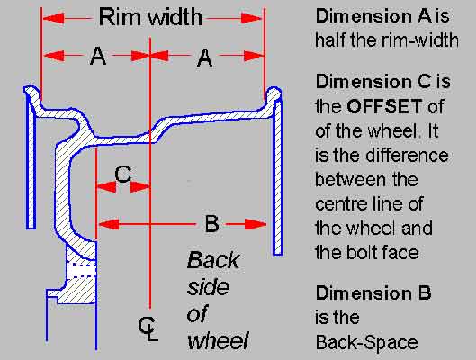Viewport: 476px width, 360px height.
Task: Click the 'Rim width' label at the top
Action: (x=150, y=17)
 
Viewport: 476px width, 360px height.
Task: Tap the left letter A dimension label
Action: (x=98, y=56)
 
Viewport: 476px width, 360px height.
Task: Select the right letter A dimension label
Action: (x=204, y=58)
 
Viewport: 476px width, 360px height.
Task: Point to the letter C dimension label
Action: (x=122, y=175)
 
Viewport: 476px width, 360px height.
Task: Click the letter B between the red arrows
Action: (x=211, y=224)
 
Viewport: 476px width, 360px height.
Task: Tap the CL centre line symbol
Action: (x=148, y=328)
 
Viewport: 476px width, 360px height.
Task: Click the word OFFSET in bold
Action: (x=384, y=106)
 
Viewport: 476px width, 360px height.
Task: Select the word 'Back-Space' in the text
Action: (x=366, y=343)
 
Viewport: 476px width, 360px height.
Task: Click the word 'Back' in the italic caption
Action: (x=213, y=260)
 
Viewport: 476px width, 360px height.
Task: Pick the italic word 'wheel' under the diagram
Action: (x=218, y=341)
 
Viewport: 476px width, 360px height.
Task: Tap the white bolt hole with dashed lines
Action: (x=81, y=269)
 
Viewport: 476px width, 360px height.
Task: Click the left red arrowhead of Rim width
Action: (x=53, y=18)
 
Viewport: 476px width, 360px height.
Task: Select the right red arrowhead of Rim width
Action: (x=251, y=19)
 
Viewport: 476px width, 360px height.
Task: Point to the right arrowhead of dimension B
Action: (x=256, y=224)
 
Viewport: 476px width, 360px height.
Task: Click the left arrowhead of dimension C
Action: (x=106, y=187)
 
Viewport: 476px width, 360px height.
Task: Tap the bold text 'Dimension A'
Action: (x=373, y=16)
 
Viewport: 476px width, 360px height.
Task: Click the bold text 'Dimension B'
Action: (x=373, y=292)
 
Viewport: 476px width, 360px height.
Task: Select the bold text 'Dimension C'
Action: (x=373, y=82)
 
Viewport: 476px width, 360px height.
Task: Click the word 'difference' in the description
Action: (x=407, y=155)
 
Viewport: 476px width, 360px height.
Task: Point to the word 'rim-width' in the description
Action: (x=420, y=40)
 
